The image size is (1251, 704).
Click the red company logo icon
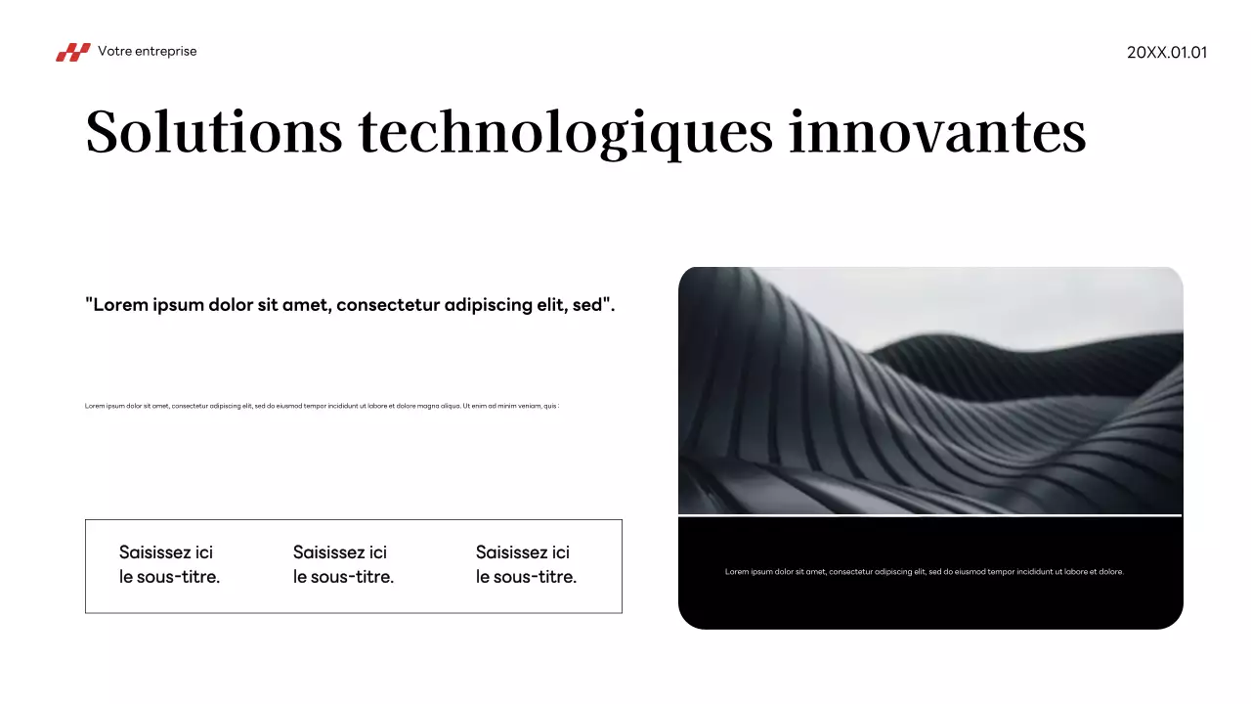[72, 52]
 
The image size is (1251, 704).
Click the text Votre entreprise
[147, 51]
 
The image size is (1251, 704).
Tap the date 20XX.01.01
[1167, 52]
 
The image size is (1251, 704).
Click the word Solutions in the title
[214, 132]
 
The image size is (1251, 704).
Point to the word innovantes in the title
[937, 132]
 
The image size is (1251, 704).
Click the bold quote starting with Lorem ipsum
[350, 304]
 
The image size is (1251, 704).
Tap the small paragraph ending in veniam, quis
[322, 406]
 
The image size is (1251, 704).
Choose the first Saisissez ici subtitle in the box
[169, 565]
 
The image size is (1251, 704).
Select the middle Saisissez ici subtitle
[343, 565]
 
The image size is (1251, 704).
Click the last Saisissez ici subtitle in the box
[526, 565]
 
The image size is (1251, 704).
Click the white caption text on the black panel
[924, 572]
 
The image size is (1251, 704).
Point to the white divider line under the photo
[929, 514]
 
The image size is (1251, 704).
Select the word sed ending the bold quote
[586, 304]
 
